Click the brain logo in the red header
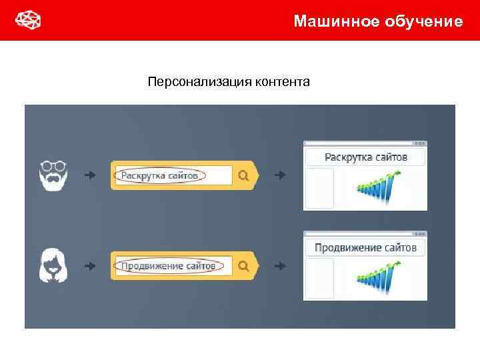point(28,21)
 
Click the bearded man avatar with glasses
point(53,175)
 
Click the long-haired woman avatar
point(53,265)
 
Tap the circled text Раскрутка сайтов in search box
point(160,175)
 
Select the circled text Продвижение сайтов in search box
point(168,266)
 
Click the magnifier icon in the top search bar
point(243,175)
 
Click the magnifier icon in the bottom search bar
point(243,266)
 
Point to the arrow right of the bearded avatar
point(90,175)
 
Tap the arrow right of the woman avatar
point(90,266)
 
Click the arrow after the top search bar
point(281,175)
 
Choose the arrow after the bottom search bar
point(281,266)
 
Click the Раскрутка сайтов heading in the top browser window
point(365,157)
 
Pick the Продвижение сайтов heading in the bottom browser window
point(365,248)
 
